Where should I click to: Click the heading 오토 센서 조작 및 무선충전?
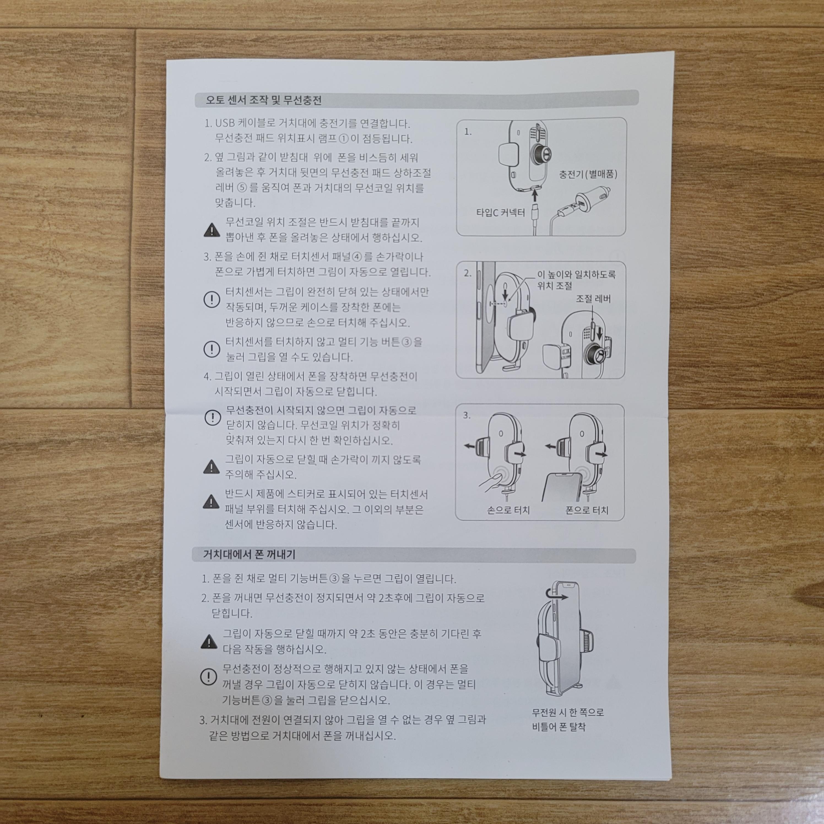pyautogui.click(x=263, y=101)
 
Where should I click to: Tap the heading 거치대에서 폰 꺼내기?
pyautogui.click(x=249, y=554)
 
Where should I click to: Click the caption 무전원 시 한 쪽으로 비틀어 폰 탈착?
pyautogui.click(x=568, y=720)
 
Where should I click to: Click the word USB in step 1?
pyautogui.click(x=225, y=124)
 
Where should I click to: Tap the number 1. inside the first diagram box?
pyautogui.click(x=468, y=132)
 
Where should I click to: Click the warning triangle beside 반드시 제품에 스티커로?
pyautogui.click(x=211, y=502)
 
